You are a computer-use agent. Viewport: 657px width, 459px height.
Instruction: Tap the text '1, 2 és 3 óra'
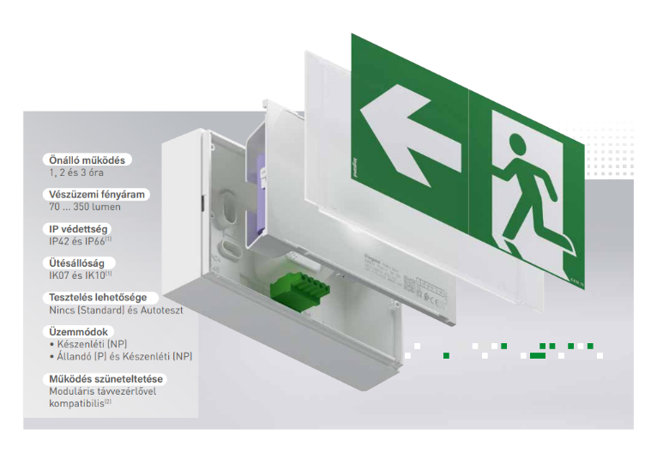tap(77, 173)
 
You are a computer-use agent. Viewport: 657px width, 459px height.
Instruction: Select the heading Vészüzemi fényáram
tap(98, 195)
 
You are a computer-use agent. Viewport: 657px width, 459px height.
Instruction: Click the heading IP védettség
tap(78, 229)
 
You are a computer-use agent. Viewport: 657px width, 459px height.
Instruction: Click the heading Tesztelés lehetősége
tap(98, 298)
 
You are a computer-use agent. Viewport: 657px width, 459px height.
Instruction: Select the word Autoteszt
tap(161, 311)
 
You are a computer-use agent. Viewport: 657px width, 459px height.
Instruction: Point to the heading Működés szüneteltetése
tap(105, 378)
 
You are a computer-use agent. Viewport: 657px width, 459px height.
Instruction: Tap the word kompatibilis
tap(77, 402)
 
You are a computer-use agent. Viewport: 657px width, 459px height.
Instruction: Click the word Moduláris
tap(72, 391)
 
